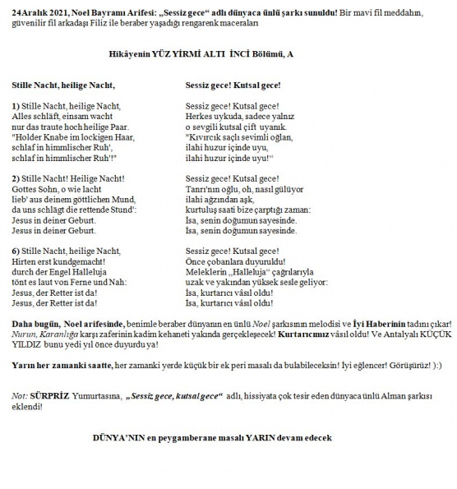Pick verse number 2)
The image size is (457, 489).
[16, 178]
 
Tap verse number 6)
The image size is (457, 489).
[16, 250]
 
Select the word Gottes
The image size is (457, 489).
[27, 189]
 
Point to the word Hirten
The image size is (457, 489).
[26, 261]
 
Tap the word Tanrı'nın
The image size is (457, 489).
[205, 189]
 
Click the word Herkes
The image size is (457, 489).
[201, 117]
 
